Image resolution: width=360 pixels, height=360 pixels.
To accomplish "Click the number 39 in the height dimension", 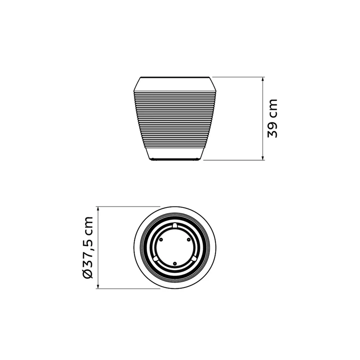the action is (x=273, y=130).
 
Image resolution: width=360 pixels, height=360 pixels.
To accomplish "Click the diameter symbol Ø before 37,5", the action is (x=88, y=273).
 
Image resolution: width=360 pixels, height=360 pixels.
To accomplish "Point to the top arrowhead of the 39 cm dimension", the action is (x=263, y=79).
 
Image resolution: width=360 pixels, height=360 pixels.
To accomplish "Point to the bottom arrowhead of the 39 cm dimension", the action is (x=263, y=158).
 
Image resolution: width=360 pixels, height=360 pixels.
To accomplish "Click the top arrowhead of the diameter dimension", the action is (x=98, y=209).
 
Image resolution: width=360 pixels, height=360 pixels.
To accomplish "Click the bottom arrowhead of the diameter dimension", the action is (x=98, y=286).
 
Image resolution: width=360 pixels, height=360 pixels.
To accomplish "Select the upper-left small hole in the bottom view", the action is (x=161, y=239).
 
